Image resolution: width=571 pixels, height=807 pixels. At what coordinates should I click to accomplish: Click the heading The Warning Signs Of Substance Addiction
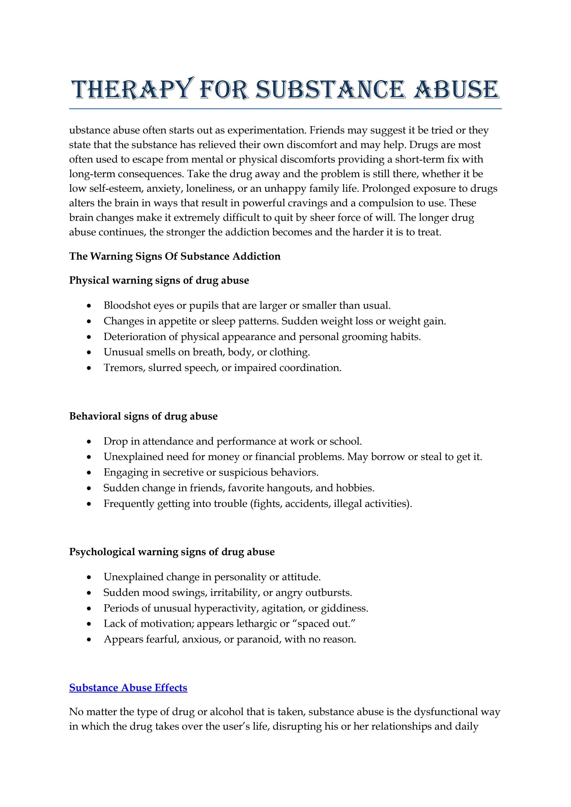click(175, 256)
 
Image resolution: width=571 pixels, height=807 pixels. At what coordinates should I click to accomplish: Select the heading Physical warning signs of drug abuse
click(159, 280)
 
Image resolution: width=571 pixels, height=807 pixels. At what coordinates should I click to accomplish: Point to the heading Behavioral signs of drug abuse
click(143, 416)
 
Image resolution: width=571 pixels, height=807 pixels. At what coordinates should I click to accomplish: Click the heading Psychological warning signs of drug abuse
click(172, 552)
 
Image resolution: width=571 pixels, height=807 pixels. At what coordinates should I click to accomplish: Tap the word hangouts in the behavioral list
click(289, 488)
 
